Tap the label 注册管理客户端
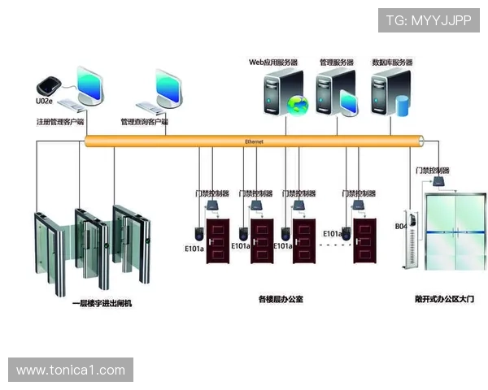pos(59,122)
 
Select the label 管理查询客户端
pos(144,122)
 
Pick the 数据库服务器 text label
pos(392,62)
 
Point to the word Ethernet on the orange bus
pos(254,141)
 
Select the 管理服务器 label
pos(336,62)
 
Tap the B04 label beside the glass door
pos(401,227)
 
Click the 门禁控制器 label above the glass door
pos(432,171)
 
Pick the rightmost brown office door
pos(363,240)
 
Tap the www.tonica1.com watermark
pos(71,370)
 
